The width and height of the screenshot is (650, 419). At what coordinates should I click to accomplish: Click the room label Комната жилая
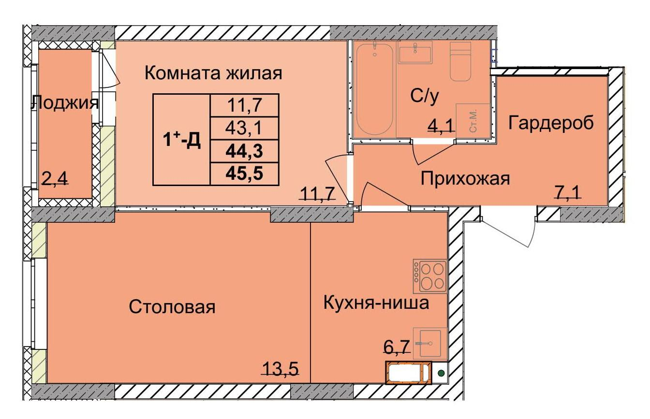coord(213,73)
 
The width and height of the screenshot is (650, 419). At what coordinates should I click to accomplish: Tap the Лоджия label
coord(65,102)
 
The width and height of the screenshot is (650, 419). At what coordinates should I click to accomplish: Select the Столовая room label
coord(172,307)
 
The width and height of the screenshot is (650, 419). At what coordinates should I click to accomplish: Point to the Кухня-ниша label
coord(376,303)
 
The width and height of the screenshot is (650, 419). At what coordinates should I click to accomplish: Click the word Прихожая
coord(465,179)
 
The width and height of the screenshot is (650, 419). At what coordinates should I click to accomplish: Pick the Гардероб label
coord(551,123)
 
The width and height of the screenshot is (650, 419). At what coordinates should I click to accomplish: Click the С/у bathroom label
coord(425,97)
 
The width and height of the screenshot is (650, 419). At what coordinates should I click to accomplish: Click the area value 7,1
coord(568,194)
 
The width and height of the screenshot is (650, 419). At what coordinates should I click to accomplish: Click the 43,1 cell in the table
coord(244,128)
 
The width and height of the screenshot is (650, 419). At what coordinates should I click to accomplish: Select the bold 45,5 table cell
coord(244,173)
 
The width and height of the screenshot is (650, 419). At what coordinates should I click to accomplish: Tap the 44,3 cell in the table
coord(244,151)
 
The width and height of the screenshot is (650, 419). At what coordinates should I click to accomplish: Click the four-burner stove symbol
coord(429,275)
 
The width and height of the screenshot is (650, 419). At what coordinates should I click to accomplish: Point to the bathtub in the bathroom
coord(375,89)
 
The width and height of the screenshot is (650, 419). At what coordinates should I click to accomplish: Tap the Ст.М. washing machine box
coord(473,120)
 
